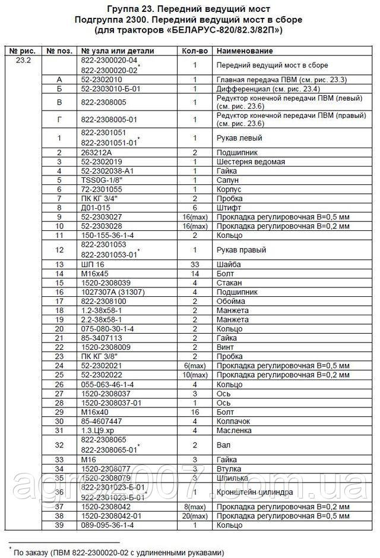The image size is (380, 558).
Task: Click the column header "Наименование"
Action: [x=240, y=52]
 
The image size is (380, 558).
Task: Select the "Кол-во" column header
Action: [x=194, y=52]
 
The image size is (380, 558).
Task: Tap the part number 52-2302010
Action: [x=101, y=79]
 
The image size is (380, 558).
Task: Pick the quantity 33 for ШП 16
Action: [x=194, y=264]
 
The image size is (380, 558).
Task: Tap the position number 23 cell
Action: [x=59, y=356]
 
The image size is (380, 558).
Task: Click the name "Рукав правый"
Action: [x=240, y=250]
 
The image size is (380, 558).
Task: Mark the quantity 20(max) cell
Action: [x=194, y=515]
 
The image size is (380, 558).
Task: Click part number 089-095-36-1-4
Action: [x=108, y=525]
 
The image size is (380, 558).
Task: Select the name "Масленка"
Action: [x=233, y=430]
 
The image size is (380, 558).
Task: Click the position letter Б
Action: [x=59, y=88]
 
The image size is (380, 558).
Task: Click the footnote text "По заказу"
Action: [x=36, y=552]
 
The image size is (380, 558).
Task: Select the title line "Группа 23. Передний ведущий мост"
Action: [x=189, y=10]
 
